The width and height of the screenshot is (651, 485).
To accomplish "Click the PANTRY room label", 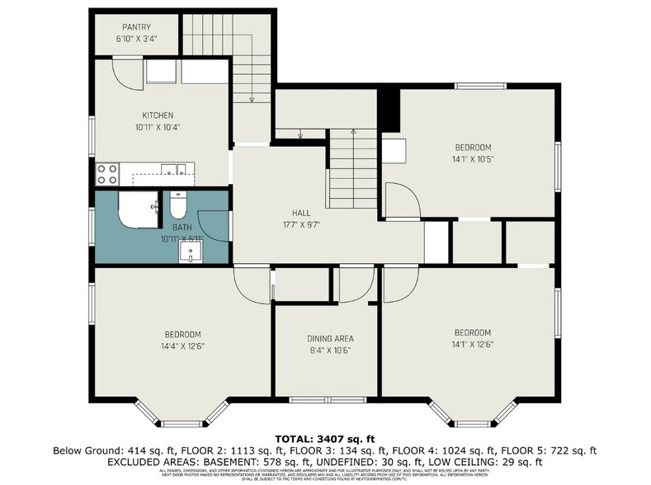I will pyautogui.click(x=135, y=27).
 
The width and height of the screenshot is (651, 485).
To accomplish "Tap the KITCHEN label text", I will pyautogui.click(x=158, y=115).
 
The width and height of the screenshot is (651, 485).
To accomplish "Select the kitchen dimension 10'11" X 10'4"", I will pyautogui.click(x=158, y=127).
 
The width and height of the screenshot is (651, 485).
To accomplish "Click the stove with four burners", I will pyautogui.click(x=108, y=173).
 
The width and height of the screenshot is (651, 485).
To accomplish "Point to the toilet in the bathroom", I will pyautogui.click(x=178, y=204).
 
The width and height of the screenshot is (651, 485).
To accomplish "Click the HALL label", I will pyautogui.click(x=300, y=212).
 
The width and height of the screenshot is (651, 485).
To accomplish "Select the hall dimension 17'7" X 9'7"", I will pyautogui.click(x=300, y=224).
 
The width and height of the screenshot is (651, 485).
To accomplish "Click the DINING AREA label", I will pyautogui.click(x=330, y=338).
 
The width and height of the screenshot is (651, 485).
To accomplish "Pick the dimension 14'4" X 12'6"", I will pyautogui.click(x=183, y=346).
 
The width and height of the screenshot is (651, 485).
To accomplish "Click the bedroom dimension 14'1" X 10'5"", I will pyautogui.click(x=473, y=159).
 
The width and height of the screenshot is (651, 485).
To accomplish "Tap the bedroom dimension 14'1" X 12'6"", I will pyautogui.click(x=473, y=346).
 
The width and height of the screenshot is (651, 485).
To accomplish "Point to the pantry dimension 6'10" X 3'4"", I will pyautogui.click(x=135, y=39).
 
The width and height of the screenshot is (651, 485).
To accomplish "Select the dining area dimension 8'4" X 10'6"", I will pyautogui.click(x=330, y=350).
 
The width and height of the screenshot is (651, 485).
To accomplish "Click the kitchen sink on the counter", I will pyautogui.click(x=172, y=172).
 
